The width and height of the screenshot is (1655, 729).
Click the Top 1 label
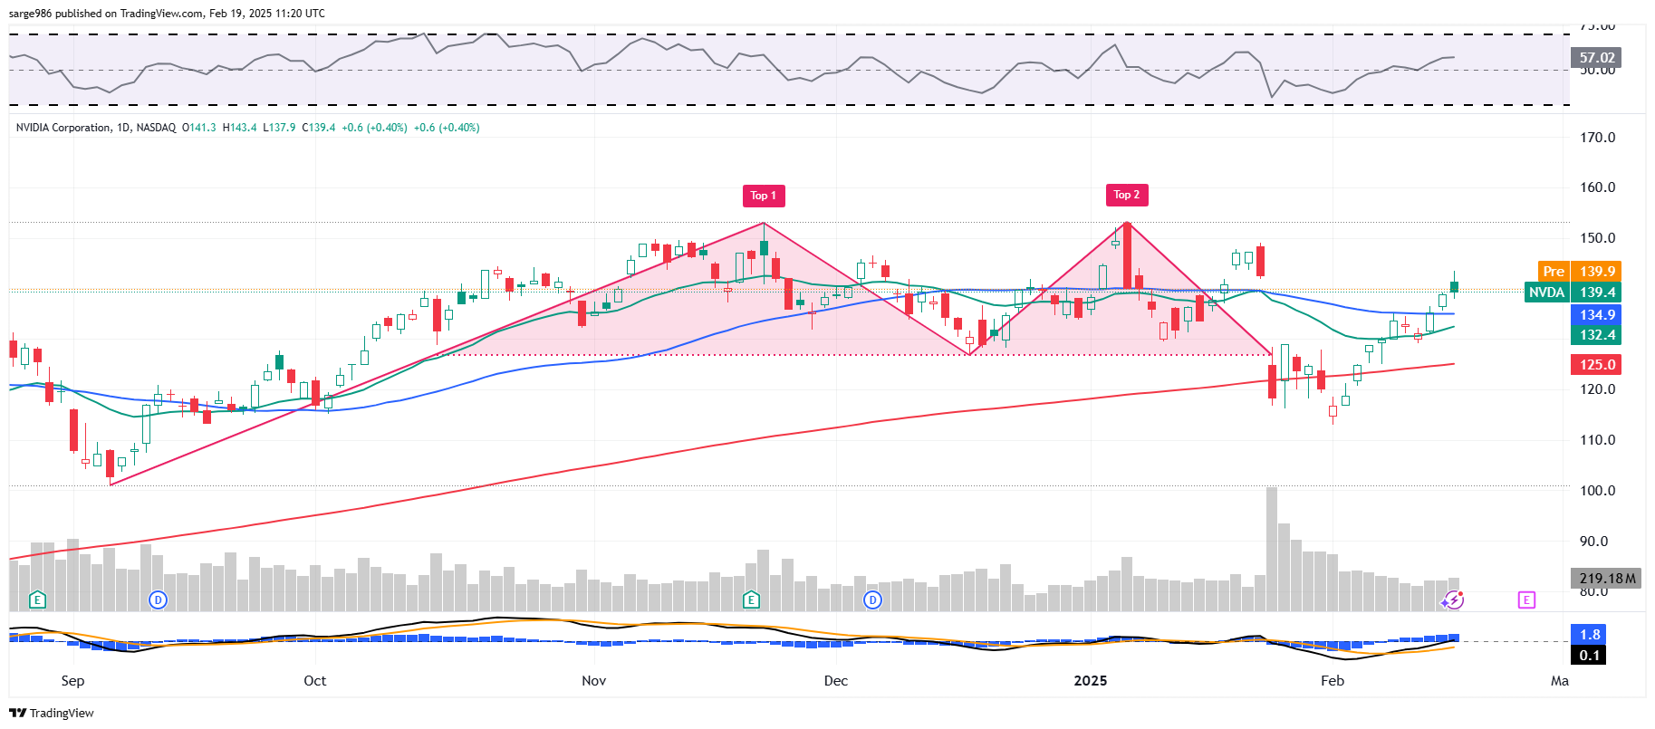point(763,196)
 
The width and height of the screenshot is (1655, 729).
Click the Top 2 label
point(1126,195)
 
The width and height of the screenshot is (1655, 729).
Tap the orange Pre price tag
point(1553,272)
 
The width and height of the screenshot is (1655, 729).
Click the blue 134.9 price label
point(1596,315)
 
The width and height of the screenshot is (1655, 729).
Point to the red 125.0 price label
point(1596,365)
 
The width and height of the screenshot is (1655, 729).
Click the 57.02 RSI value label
point(1596,58)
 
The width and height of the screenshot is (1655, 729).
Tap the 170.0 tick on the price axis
point(1597,138)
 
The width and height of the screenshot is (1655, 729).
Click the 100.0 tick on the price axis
point(1597,491)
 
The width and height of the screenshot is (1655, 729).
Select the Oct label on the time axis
point(314,681)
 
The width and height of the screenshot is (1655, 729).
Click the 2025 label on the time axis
point(1090,681)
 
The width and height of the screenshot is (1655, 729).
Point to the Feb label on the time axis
point(1332,681)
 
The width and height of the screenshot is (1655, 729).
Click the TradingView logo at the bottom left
point(52,713)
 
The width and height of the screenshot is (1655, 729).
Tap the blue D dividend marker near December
point(872,600)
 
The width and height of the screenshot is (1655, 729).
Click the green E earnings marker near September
point(37,600)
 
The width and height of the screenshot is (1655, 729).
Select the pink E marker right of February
point(1526,600)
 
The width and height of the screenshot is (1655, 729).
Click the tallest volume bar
point(1272,549)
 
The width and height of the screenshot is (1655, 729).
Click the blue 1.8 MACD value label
point(1589,635)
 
